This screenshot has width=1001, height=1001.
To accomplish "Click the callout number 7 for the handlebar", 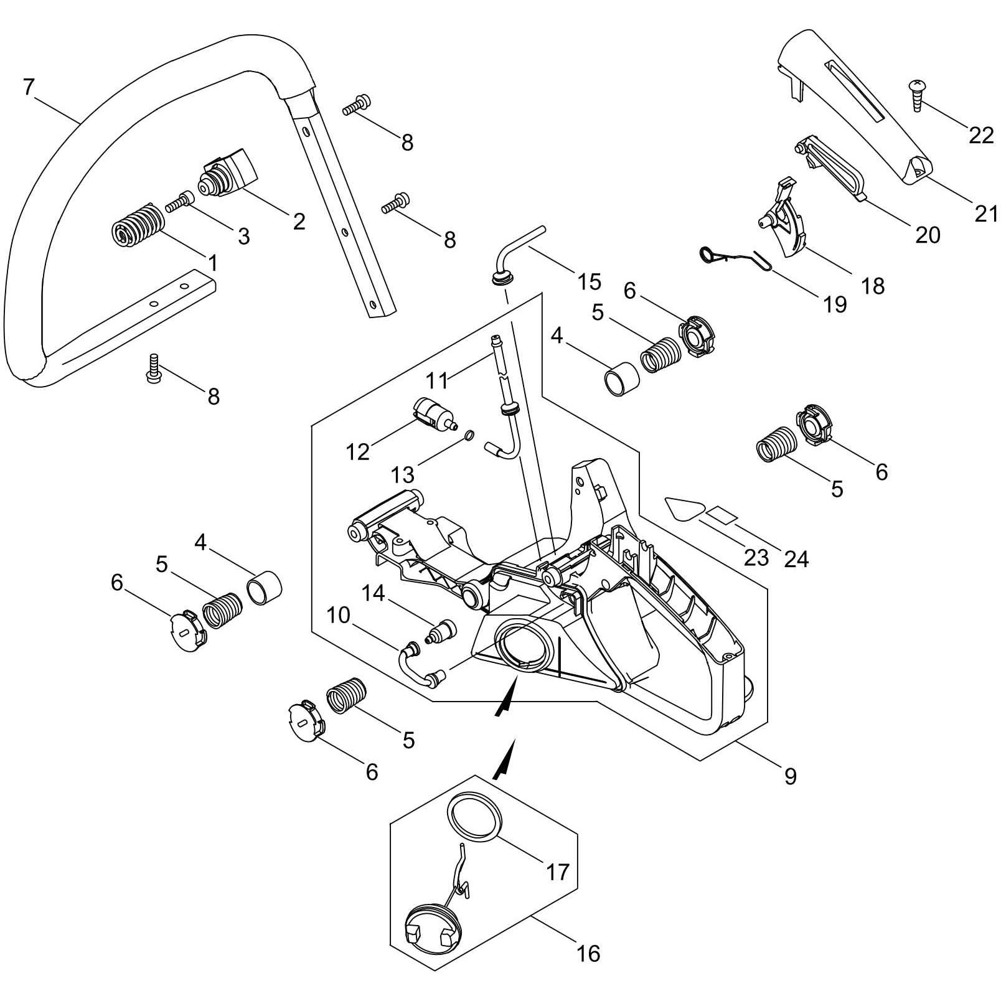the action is pos(27,87).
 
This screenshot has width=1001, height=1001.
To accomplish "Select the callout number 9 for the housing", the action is pos(790,776).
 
